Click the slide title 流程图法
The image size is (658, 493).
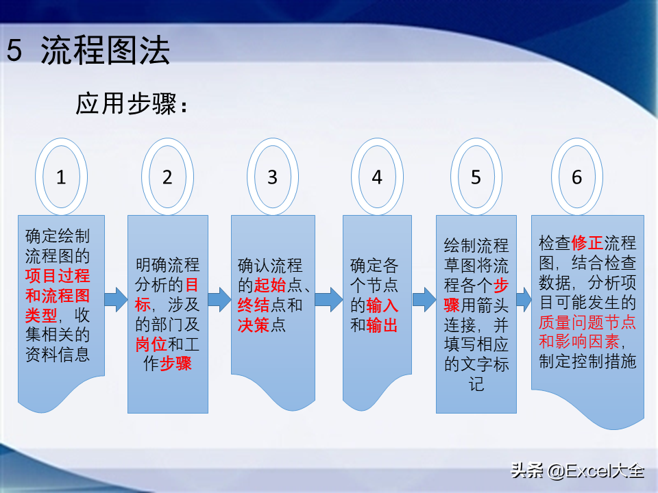105,50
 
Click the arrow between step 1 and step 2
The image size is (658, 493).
116,299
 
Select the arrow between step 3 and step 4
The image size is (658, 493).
328,299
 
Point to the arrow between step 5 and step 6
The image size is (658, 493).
524,299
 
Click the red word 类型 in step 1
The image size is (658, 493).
41,315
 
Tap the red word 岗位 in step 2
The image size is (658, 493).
151,344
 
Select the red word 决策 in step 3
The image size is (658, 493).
254,325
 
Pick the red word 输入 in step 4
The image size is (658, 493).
382,305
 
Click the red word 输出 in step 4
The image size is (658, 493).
382,325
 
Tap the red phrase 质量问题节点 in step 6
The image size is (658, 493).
587,322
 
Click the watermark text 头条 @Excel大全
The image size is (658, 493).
577,470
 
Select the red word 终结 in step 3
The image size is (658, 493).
254,305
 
